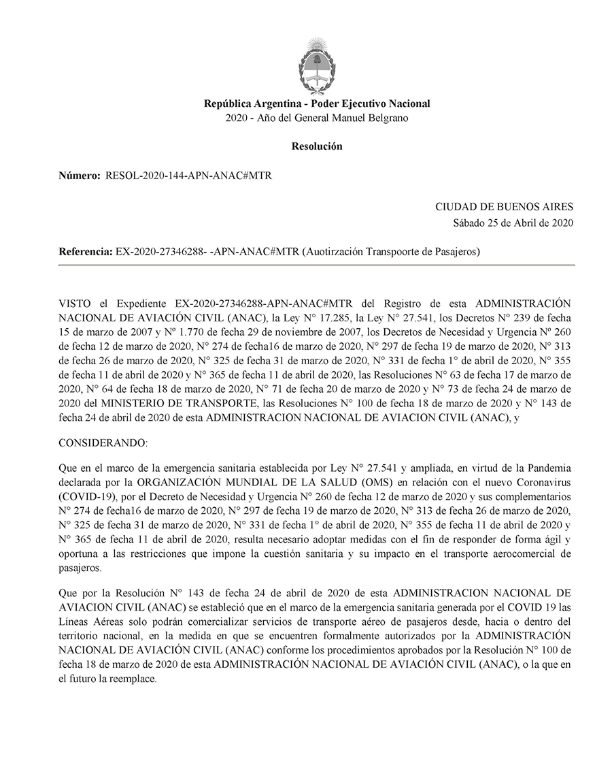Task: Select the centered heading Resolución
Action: (317, 146)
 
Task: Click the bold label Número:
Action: (80, 175)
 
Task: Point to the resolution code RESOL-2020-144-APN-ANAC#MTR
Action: (188, 175)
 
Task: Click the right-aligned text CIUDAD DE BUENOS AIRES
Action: (504, 207)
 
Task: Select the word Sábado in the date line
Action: (469, 222)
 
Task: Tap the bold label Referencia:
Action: (86, 251)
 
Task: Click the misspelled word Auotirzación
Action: (334, 251)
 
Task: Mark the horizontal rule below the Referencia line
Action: (317, 264)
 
